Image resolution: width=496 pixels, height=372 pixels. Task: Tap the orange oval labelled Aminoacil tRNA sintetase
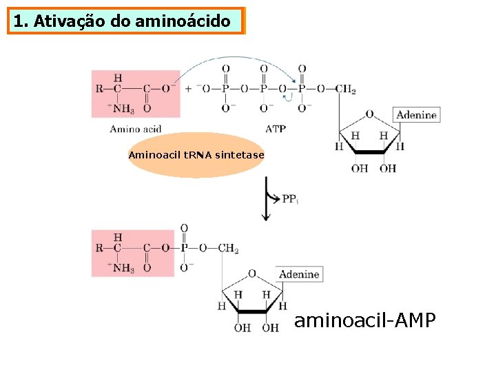click(x=196, y=155)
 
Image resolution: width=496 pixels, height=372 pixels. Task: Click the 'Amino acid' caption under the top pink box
click(x=136, y=129)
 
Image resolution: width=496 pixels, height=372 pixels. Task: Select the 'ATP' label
click(x=276, y=129)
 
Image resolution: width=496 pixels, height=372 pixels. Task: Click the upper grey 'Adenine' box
click(x=416, y=115)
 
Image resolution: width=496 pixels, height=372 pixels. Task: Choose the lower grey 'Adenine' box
click(x=299, y=274)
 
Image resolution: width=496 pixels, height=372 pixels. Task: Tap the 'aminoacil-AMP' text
click(x=365, y=320)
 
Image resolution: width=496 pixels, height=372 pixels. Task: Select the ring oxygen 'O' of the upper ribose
click(x=369, y=114)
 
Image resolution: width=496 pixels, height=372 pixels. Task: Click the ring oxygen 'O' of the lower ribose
click(x=252, y=273)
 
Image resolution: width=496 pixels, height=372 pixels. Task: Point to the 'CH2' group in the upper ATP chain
click(x=345, y=89)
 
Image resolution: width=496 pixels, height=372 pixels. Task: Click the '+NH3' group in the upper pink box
click(x=121, y=108)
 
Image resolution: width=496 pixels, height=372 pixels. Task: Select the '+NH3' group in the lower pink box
click(x=121, y=268)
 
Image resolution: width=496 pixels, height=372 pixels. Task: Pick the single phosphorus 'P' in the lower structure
click(x=184, y=248)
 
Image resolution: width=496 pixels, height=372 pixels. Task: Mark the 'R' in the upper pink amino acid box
click(x=99, y=89)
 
